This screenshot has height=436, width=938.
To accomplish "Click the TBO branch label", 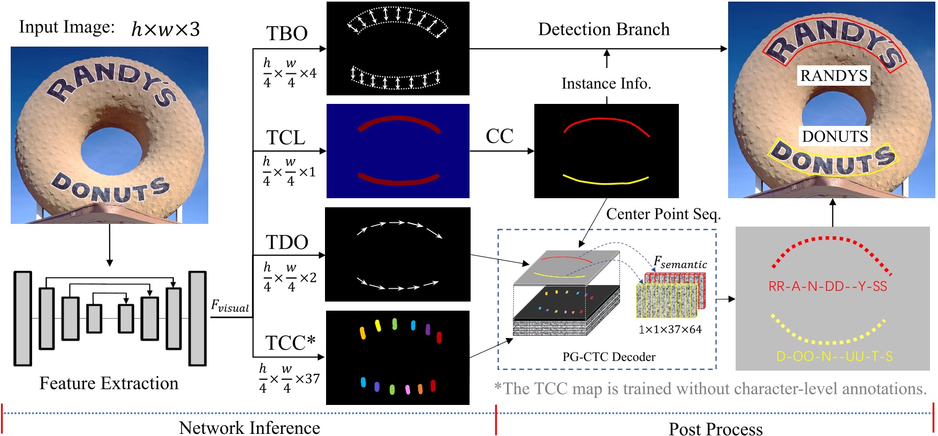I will pyautogui.click(x=287, y=34).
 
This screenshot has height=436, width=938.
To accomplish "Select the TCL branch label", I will pyautogui.click(x=286, y=138).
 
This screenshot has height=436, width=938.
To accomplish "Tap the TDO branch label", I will pyautogui.click(x=287, y=242).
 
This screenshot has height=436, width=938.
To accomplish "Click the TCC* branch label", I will pyautogui.click(x=290, y=343).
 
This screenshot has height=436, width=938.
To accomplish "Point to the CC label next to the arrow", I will pyautogui.click(x=499, y=136).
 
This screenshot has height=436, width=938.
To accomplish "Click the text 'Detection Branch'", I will pyautogui.click(x=603, y=29).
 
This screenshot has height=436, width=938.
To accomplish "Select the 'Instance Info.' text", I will pyautogui.click(x=606, y=84).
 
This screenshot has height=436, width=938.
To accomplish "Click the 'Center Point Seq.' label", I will pyautogui.click(x=663, y=214).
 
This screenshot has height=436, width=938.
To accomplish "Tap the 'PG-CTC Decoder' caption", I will pyautogui.click(x=609, y=357).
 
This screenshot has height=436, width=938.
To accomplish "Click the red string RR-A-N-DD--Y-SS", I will pyautogui.click(x=828, y=287).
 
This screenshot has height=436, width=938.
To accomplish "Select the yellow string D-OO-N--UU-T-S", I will pyautogui.click(x=834, y=356).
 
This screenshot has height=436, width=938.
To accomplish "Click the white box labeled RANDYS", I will pyautogui.click(x=834, y=76).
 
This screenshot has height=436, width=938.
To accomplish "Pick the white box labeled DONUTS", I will pyautogui.click(x=835, y=137).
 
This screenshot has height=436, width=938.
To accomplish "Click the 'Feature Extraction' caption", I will pyautogui.click(x=109, y=384).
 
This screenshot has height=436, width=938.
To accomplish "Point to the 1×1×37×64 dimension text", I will pyautogui.click(x=670, y=329).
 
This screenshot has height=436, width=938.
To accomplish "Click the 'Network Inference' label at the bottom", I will pyautogui.click(x=249, y=427).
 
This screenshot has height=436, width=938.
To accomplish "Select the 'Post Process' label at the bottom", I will pyautogui.click(x=715, y=429).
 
